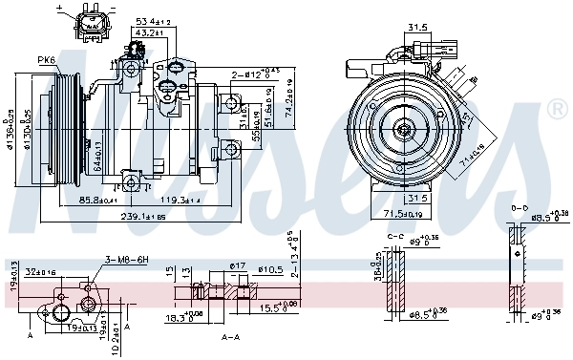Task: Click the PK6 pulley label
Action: pyautogui.click(x=46, y=60)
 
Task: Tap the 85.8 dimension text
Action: pyautogui.click(x=98, y=200)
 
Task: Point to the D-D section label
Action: pyautogui.click(x=518, y=206)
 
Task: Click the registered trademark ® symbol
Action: pyautogui.click(x=557, y=111)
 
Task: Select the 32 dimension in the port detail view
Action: pyautogui.click(x=41, y=271)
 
